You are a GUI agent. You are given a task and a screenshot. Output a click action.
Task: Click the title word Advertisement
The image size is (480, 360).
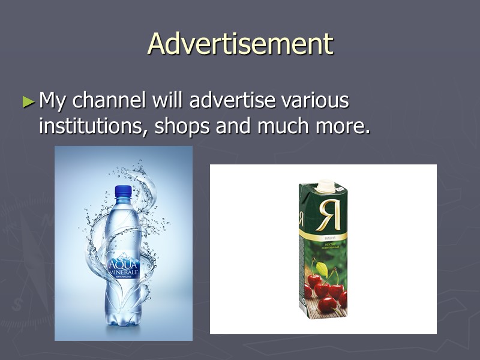pos(240,43)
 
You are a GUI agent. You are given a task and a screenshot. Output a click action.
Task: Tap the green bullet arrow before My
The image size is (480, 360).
pos(28,101)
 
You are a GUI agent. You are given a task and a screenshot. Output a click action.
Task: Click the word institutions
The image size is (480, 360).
pos(92,126)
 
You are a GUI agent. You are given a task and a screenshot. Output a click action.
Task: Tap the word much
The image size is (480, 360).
pos(284,126)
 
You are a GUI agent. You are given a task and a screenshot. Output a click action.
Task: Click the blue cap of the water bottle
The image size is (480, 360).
pos(123,192)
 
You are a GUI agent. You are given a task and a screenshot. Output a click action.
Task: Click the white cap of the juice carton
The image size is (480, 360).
pos(325,185)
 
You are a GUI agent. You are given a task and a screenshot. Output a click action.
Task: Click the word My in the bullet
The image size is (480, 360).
pos(53,101)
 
